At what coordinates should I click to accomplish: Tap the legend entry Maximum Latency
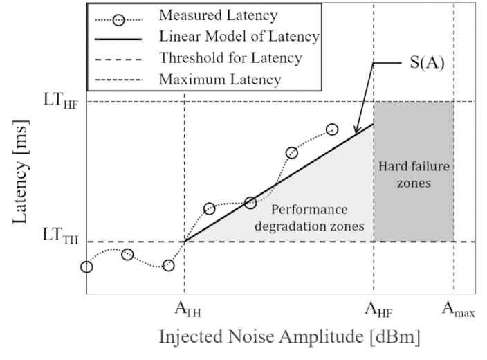[x=220, y=79]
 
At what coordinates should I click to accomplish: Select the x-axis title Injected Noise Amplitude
[x=289, y=337]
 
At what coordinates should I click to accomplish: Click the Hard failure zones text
[x=414, y=174]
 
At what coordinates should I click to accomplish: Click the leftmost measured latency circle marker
[x=86, y=267]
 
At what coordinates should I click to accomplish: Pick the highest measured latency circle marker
[x=332, y=129]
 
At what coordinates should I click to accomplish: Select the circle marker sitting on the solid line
[x=250, y=203]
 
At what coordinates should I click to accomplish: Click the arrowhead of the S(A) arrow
[x=356, y=132]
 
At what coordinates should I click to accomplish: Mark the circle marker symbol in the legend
[x=119, y=15]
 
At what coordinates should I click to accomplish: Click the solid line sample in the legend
[x=118, y=36]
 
